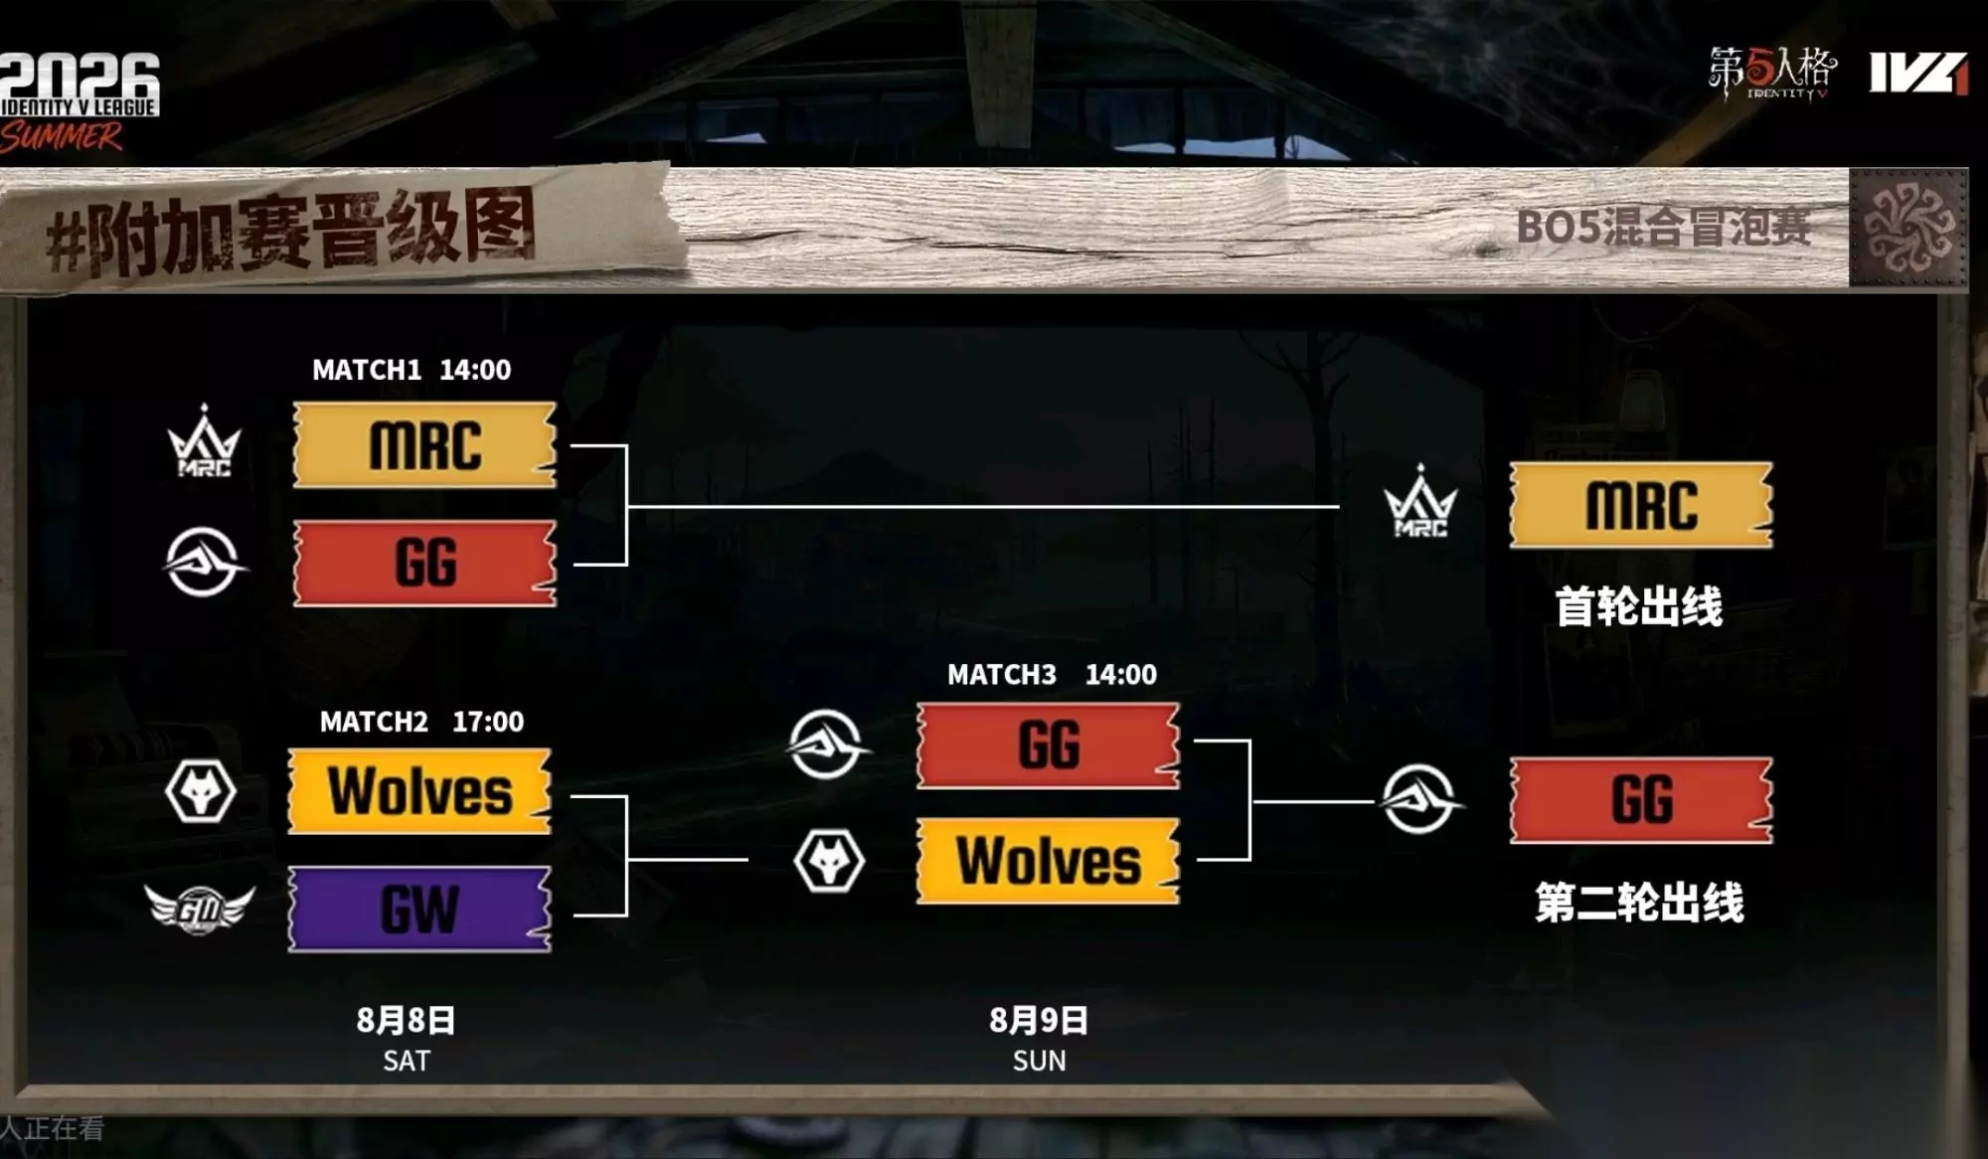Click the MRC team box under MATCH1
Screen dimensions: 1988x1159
pyautogui.click(x=424, y=444)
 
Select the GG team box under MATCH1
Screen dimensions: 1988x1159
pyautogui.click(x=424, y=563)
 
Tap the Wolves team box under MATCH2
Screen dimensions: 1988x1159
pyautogui.click(x=419, y=791)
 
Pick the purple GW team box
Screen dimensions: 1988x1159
pyautogui.click(x=419, y=909)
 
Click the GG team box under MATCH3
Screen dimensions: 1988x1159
pyautogui.click(x=1048, y=745)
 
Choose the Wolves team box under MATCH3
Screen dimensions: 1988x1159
pyautogui.click(x=1048, y=861)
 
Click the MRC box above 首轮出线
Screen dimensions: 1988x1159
pyautogui.click(x=1641, y=505)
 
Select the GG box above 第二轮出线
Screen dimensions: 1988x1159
pyautogui.click(x=1641, y=800)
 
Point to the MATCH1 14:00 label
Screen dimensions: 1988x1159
pyautogui.click(x=412, y=370)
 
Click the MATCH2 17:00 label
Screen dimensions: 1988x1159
pyautogui.click(x=421, y=722)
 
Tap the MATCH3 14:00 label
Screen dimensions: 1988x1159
pyautogui.click(x=1052, y=675)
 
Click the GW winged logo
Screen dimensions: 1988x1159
pyautogui.click(x=200, y=909)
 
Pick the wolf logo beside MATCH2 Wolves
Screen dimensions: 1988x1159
pyautogui.click(x=201, y=792)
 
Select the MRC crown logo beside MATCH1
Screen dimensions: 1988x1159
pyautogui.click(x=204, y=441)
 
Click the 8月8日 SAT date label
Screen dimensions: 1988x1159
pyautogui.click(x=407, y=1040)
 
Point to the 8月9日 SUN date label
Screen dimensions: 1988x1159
pyautogui.click(x=1039, y=1040)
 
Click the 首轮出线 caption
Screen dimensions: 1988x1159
pyautogui.click(x=1639, y=606)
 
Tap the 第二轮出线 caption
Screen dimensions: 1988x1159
pyautogui.click(x=1639, y=903)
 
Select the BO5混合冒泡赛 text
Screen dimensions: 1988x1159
pyautogui.click(x=1663, y=228)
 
